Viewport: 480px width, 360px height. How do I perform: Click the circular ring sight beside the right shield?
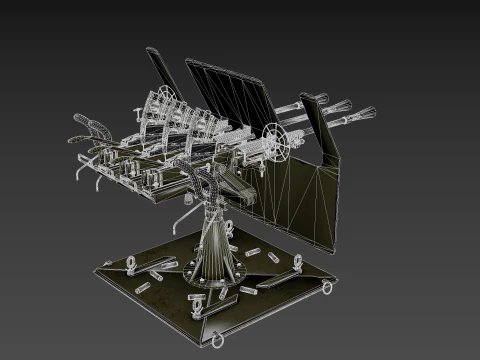point(275,134)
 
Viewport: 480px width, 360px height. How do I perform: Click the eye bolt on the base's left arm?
point(131,262)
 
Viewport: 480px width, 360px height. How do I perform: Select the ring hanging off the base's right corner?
point(327,287)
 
